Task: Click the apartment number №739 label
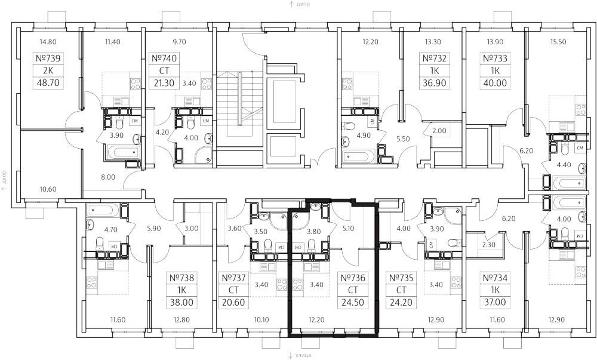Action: click(x=50, y=59)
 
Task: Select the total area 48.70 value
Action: click(x=50, y=84)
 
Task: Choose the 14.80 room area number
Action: click(x=47, y=42)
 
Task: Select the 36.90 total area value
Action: click(x=434, y=84)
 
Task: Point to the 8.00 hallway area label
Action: click(x=107, y=177)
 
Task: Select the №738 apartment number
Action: click(x=183, y=278)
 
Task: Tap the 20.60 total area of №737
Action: click(x=233, y=303)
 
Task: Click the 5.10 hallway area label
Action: click(x=349, y=227)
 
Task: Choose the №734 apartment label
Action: click(x=495, y=278)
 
